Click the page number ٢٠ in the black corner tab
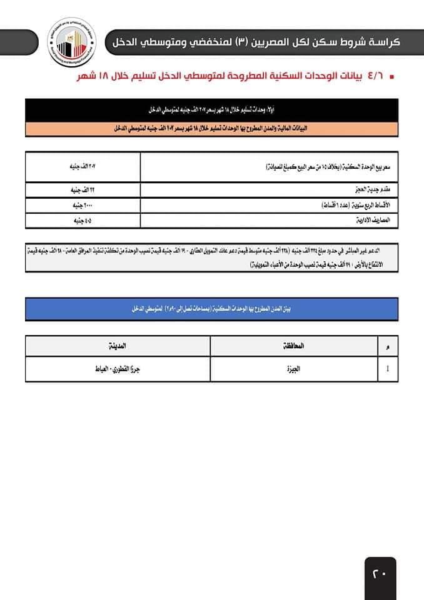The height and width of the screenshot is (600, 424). click(380, 571)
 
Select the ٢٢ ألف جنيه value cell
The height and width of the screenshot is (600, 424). click(84, 189)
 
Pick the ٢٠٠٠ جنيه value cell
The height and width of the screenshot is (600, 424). click(84, 205)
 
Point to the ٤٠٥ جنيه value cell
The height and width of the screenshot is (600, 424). click(84, 221)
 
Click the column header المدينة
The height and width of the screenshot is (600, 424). click(118, 345)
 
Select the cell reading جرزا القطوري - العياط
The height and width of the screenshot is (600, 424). click(118, 368)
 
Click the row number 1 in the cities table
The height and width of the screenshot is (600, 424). click(388, 368)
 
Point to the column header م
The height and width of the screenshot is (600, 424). click(388, 346)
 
